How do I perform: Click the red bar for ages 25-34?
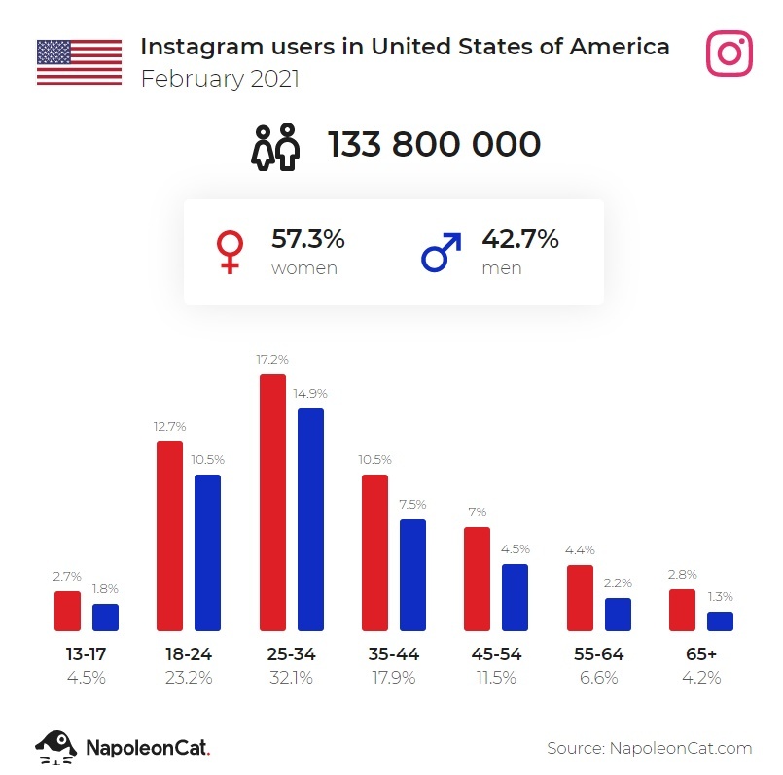272,503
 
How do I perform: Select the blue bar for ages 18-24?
207,552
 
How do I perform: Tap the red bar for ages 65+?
682,610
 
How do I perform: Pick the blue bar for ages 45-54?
515,597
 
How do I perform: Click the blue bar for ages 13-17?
105,617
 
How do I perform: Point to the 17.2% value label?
272,360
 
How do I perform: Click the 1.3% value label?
720,597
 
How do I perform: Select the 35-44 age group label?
395,654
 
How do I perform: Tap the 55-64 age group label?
598,654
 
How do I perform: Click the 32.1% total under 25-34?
292,678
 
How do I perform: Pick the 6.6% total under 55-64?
598,678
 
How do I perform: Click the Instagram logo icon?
730,53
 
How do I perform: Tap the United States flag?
79,62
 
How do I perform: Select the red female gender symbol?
231,252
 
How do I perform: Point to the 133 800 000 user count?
434,145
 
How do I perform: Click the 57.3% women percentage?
307,239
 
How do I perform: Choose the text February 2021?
220,79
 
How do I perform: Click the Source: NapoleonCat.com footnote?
650,747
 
